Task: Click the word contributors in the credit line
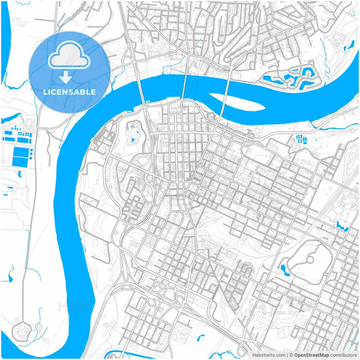click(x=342, y=354)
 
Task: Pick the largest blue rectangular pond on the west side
click(x=22, y=157)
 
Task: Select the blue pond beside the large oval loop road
click(x=284, y=269)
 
